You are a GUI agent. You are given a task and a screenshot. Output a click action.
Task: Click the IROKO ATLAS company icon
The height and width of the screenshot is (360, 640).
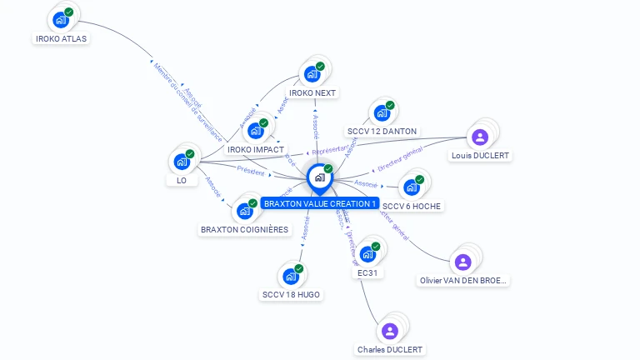point(60,20)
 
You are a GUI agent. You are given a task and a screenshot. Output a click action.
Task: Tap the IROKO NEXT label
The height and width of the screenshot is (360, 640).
point(312,92)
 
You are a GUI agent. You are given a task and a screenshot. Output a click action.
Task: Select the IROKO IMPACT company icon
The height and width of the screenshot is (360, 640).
point(255,131)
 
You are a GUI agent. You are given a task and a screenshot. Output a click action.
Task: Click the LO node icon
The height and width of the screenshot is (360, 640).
point(181,162)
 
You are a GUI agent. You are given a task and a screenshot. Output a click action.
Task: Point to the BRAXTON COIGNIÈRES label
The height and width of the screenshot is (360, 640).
point(244,229)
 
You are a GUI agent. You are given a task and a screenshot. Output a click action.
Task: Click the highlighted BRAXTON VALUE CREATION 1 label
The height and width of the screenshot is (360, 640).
point(320,202)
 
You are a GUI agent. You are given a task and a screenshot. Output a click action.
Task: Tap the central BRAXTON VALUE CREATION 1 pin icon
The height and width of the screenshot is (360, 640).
point(319,177)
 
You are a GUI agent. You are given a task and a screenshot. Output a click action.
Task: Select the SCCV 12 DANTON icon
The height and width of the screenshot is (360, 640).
point(381,113)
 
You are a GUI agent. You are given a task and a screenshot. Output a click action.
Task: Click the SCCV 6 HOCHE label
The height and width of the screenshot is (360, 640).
point(412,206)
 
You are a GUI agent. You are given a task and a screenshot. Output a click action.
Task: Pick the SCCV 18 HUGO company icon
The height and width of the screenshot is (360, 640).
point(290,277)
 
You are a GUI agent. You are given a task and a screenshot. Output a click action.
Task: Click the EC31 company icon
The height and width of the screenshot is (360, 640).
point(367,254)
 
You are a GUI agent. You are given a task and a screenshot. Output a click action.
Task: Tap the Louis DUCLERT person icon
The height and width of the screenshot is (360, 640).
point(479,137)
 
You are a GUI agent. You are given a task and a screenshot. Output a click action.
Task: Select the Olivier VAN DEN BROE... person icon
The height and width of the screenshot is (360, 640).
point(463,262)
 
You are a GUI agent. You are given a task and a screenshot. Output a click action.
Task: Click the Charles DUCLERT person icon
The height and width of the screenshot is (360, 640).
point(389,332)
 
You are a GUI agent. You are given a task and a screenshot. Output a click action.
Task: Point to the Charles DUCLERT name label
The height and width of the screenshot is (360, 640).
point(389,350)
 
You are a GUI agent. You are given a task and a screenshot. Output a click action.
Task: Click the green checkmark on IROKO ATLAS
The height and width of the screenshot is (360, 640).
point(68,12)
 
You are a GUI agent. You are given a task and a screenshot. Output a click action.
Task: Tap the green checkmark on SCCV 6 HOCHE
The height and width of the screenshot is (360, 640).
point(420,179)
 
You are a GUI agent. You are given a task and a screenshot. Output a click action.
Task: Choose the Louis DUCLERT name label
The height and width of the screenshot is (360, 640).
point(479,156)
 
